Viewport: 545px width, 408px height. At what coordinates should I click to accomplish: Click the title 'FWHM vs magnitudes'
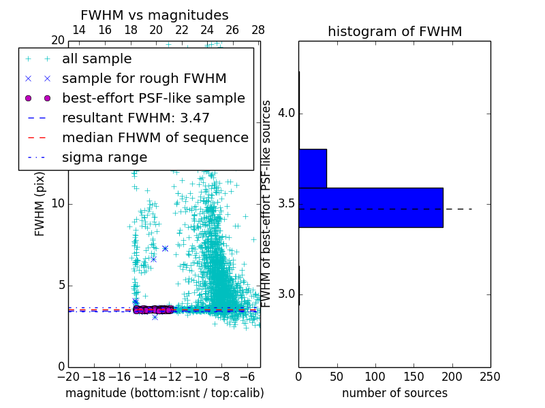(x=154, y=16)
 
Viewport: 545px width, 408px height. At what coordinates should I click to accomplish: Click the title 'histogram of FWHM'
(x=394, y=31)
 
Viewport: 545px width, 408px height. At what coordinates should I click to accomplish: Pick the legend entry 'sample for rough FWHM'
(x=144, y=78)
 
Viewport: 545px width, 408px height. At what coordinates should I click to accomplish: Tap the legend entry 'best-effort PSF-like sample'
(x=153, y=98)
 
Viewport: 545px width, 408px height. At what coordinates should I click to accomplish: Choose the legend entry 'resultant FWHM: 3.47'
(x=136, y=118)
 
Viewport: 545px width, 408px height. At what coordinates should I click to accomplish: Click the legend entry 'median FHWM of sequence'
(x=155, y=137)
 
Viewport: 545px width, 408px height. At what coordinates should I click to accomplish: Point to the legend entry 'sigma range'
(x=104, y=157)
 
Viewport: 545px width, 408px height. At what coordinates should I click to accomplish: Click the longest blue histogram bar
(x=371, y=207)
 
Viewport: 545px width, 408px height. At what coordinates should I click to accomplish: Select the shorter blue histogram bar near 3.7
(x=313, y=168)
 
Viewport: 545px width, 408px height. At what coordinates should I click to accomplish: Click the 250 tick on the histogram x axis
(x=490, y=376)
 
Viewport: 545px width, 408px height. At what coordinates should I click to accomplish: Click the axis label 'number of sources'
(x=394, y=393)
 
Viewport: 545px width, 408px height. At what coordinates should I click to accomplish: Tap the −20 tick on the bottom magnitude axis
(x=68, y=376)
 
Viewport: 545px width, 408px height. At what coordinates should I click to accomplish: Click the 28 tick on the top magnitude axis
(x=258, y=30)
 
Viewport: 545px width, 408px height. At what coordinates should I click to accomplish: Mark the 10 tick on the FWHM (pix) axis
(x=58, y=204)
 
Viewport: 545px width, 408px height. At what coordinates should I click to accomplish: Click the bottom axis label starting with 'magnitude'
(x=164, y=393)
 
